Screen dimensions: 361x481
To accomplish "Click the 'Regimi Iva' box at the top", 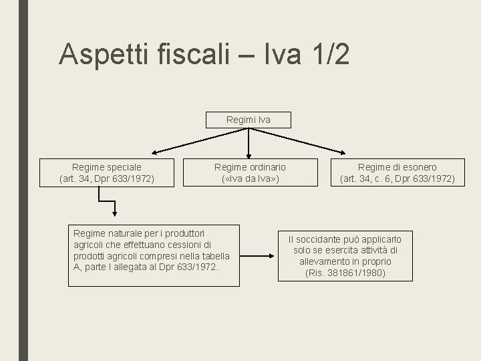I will click(249, 120).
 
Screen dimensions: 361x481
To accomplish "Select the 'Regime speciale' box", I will click(107, 172).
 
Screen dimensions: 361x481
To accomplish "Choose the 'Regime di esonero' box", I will click(397, 172).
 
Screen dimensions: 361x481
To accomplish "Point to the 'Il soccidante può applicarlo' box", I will click(345, 255).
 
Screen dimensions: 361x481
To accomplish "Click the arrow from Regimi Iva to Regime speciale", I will click(194, 142).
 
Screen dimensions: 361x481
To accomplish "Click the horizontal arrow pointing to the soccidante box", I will click(257, 255).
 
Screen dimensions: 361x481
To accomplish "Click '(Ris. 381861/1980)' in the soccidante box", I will click(345, 273).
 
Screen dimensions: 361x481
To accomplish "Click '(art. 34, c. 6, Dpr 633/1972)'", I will click(397, 178).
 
